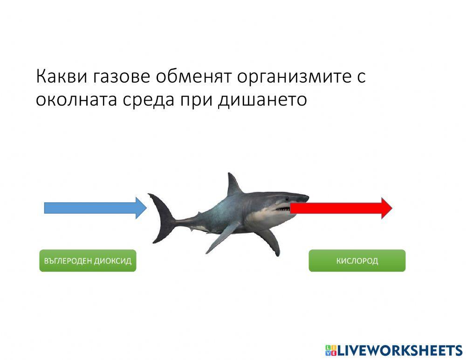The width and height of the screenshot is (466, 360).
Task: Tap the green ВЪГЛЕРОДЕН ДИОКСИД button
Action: (x=88, y=261)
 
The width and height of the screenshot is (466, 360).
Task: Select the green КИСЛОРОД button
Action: (x=357, y=261)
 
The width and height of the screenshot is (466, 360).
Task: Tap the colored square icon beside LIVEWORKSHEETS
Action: (x=330, y=351)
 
